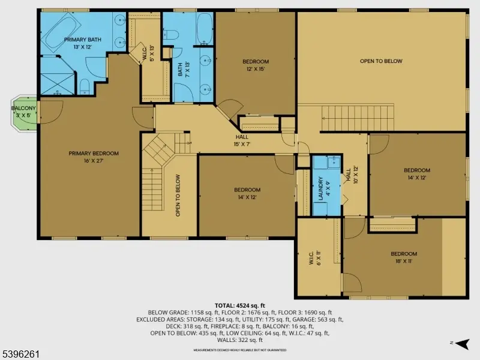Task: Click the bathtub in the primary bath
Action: coord(62,26)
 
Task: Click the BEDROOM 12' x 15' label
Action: coord(256,65)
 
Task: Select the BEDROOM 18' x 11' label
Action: coord(403,257)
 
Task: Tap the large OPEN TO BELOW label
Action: coord(381,61)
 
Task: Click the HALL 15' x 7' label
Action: coord(242,141)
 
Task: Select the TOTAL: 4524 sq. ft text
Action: coord(239,306)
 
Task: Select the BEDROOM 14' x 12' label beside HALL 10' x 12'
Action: coord(417,173)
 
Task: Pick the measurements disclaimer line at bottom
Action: coord(239,350)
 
